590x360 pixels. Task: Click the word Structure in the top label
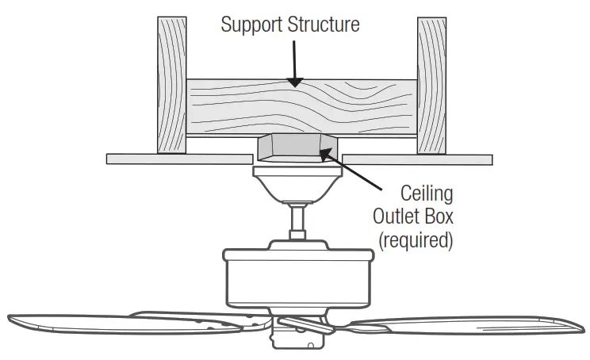click(320, 25)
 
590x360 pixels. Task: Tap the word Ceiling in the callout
click(427, 194)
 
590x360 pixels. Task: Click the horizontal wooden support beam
click(301, 107)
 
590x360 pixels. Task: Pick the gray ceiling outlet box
click(296, 147)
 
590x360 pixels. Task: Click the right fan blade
click(468, 327)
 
